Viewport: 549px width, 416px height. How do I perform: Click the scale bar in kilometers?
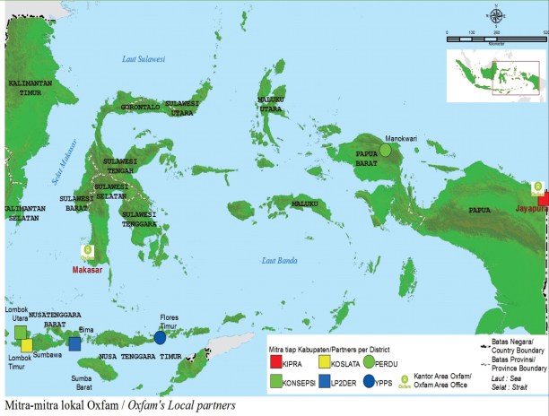pyautogui.click(x=494, y=34)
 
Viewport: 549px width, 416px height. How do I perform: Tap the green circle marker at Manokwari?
pyautogui.click(x=385, y=151)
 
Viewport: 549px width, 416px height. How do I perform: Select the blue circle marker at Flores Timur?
pyautogui.click(x=160, y=338)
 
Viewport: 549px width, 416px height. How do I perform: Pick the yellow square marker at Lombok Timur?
pyautogui.click(x=28, y=345)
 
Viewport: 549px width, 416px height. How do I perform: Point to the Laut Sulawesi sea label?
pyautogui.click(x=146, y=59)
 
